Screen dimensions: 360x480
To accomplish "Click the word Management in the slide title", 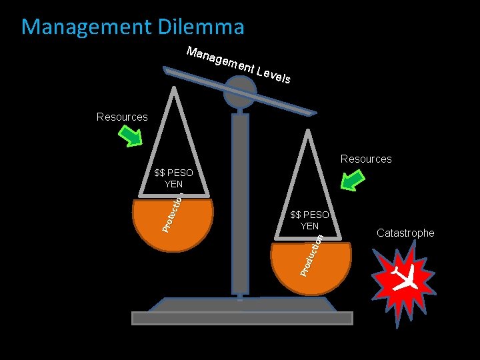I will [x=78, y=27].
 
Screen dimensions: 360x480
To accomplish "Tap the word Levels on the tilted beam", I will [x=273, y=76].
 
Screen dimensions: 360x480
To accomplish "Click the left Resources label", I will [x=122, y=117].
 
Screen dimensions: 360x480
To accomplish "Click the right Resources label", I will [x=366, y=159].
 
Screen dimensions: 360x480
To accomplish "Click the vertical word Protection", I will [x=173, y=210].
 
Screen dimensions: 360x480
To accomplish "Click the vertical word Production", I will [x=311, y=255].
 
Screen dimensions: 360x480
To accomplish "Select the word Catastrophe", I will [x=405, y=233].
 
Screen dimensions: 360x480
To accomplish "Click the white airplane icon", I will [x=405, y=279].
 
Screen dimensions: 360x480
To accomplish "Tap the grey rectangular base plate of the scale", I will [x=242, y=318].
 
